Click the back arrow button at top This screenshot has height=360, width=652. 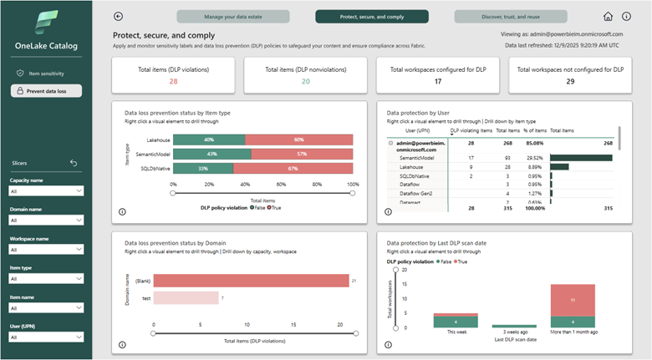coord(118,16)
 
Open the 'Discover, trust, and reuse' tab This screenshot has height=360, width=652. coord(511,16)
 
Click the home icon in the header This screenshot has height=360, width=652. coord(608,17)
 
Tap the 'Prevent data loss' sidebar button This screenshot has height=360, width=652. coord(46,91)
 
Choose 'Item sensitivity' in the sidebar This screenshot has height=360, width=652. coord(46,74)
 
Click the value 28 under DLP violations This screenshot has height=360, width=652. coord(173,81)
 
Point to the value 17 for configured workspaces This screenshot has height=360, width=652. coord(438,81)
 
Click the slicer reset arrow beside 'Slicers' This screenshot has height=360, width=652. coord(74,163)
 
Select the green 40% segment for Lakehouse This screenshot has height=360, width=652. coord(209,139)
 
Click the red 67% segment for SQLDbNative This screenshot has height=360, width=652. coord(293,168)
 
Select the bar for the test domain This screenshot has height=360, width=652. coord(186,298)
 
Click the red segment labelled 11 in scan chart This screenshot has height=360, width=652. coord(573,299)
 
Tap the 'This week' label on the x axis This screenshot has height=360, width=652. coord(456,332)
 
